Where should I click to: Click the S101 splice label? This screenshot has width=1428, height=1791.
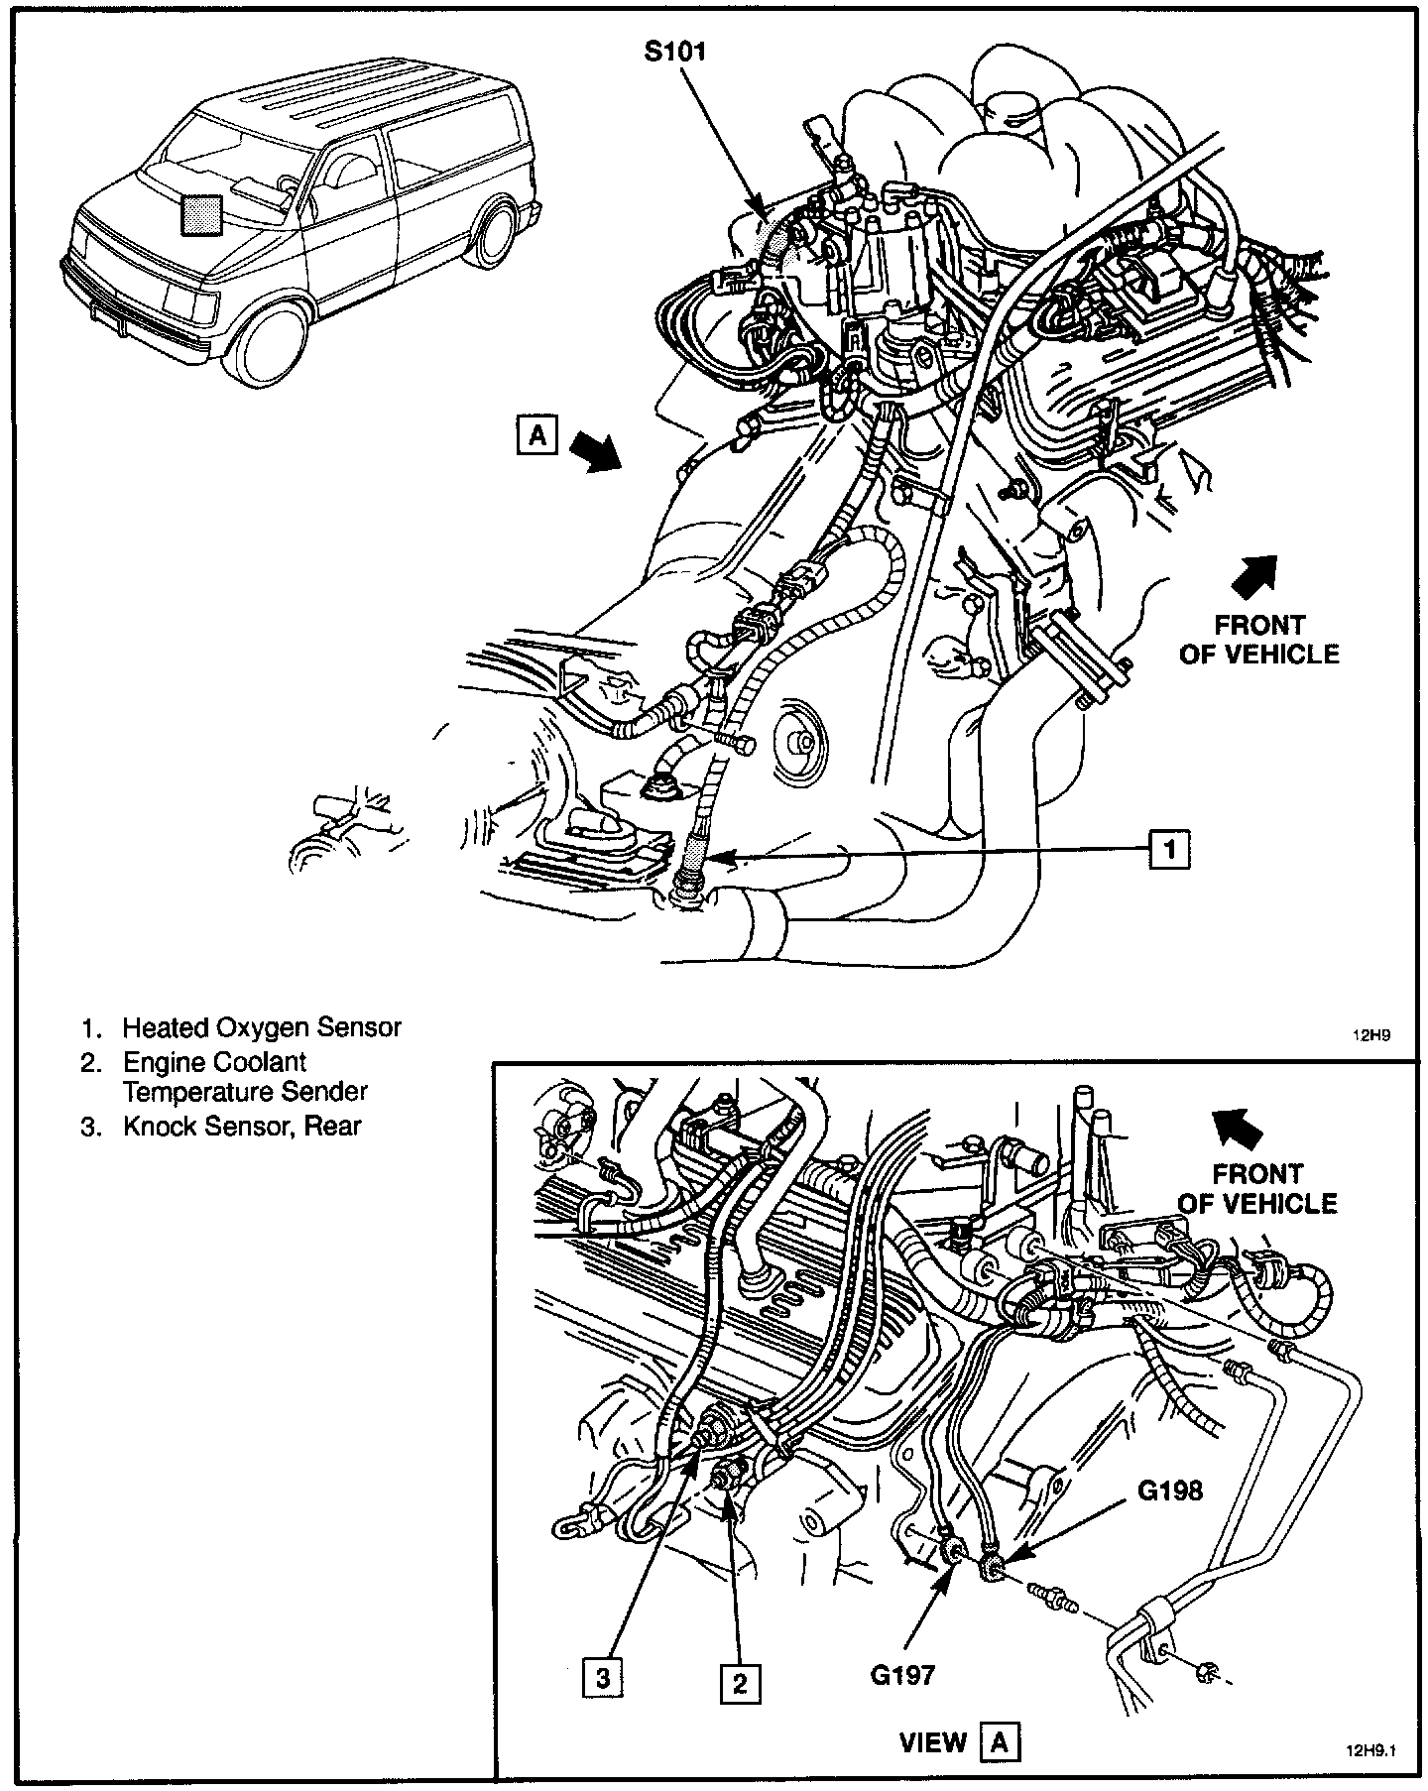pyautogui.click(x=674, y=52)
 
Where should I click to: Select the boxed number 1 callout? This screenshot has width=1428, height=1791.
pyautogui.click(x=1170, y=849)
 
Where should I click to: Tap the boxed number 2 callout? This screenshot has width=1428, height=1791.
pyautogui.click(x=739, y=1683)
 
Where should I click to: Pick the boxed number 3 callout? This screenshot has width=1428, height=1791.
pyautogui.click(x=603, y=1677)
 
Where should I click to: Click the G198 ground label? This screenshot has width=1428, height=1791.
pyautogui.click(x=1169, y=1489)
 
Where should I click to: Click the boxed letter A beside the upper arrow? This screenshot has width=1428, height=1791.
pyautogui.click(x=536, y=435)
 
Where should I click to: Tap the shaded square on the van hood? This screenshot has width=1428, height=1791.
pyautogui.click(x=200, y=214)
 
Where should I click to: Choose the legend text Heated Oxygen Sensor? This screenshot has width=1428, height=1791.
pyautogui.click(x=262, y=1026)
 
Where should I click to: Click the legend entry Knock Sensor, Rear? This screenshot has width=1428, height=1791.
pyautogui.click(x=242, y=1126)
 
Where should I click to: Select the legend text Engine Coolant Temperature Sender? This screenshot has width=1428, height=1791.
pyautogui.click(x=244, y=1077)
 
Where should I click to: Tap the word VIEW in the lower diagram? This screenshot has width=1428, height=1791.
pyautogui.click(x=933, y=1741)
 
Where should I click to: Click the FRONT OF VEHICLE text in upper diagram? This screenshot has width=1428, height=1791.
pyautogui.click(x=1259, y=640)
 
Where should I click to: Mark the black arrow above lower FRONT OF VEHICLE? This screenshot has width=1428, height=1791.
pyautogui.click(x=1241, y=1127)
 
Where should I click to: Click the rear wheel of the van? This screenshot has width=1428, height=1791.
pyautogui.click(x=495, y=236)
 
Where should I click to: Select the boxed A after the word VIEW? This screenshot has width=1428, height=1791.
pyautogui.click(x=999, y=1741)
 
